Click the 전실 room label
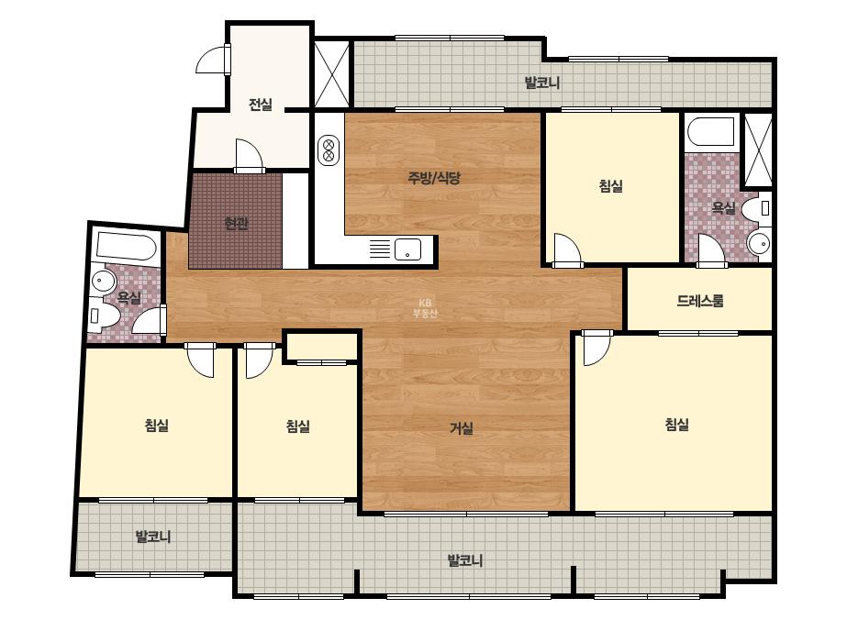(x=261, y=104)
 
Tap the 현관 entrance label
(x=236, y=223)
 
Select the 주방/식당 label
(x=434, y=178)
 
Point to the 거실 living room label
(x=462, y=428)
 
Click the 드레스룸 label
(x=700, y=300)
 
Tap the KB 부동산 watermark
(x=425, y=308)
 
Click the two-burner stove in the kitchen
(x=328, y=150)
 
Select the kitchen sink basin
(x=407, y=249)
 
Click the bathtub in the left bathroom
(x=127, y=247)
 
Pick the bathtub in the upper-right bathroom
(x=711, y=131)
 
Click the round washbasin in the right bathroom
(x=760, y=244)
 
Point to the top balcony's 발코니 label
(x=542, y=83)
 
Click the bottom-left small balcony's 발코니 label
(x=153, y=537)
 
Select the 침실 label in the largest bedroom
(x=677, y=424)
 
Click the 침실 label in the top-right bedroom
(x=611, y=185)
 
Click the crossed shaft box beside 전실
(x=331, y=73)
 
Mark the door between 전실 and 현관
(x=250, y=156)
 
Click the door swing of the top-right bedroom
(x=567, y=250)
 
